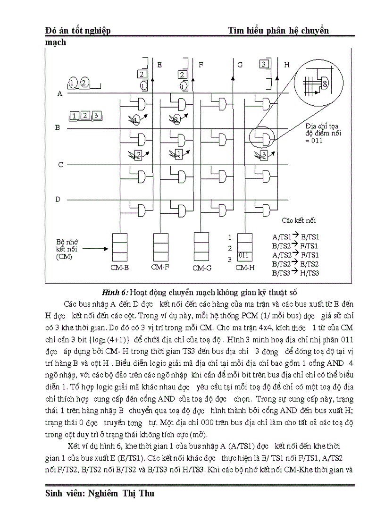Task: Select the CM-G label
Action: coord(202,268)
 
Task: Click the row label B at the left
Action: coord(58,128)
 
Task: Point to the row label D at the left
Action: coord(58,200)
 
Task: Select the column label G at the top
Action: coord(240,65)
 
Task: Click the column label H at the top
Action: coord(286,65)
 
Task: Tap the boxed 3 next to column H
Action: coord(265,64)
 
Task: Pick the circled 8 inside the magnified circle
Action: coord(325,83)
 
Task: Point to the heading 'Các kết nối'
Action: coord(299,220)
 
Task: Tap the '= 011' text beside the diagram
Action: coord(313,140)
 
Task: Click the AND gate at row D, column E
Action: coord(142,209)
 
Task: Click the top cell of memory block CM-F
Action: coord(160,238)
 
